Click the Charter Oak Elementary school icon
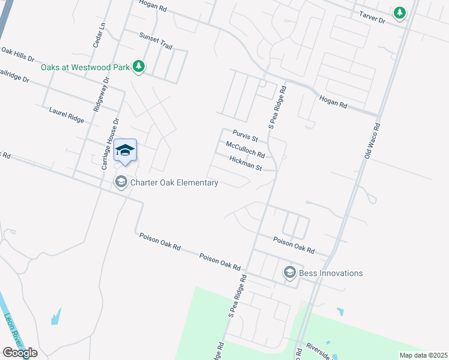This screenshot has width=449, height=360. point(121,182)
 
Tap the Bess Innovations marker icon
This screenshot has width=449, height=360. point(289,273)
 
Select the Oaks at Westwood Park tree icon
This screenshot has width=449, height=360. point(139,67)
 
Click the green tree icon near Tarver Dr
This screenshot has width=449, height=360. point(399,13)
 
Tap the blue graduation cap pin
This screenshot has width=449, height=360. point(125,151)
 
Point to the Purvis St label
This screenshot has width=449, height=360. point(245,138)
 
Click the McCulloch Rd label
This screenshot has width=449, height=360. point(245,150)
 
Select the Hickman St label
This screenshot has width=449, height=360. point(246,163)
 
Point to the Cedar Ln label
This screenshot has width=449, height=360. point(99,35)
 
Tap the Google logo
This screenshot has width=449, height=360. point(19,353)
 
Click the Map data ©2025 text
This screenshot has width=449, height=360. point(423,355)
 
